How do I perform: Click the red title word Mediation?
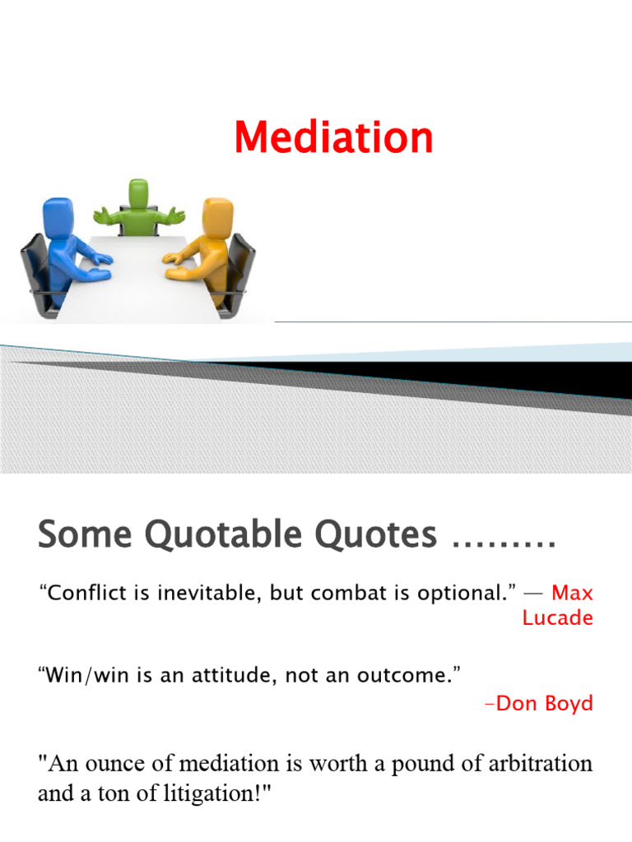pyautogui.click(x=333, y=137)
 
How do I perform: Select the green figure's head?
pyautogui.click(x=138, y=195)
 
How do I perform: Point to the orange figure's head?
pyautogui.click(x=217, y=215)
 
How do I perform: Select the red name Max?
pyautogui.click(x=572, y=592)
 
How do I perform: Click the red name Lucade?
pyautogui.click(x=557, y=618)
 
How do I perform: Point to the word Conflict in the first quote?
pyautogui.click(x=81, y=593)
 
